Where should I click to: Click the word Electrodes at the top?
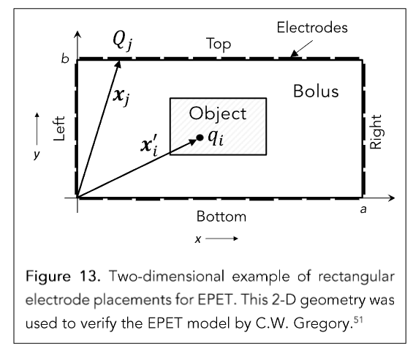(x=312, y=27)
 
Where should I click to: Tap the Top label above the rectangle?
(x=219, y=44)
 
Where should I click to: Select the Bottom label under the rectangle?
(x=221, y=217)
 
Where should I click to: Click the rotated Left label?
(x=59, y=129)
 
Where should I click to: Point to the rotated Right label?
(x=376, y=132)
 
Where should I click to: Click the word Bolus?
(x=316, y=91)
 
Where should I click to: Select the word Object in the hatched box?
(x=218, y=114)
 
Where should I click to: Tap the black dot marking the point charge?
(x=200, y=138)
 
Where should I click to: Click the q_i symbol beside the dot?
(x=216, y=138)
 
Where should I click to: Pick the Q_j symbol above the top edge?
(x=123, y=41)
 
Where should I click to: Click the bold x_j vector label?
(x=121, y=97)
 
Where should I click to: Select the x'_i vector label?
(x=150, y=146)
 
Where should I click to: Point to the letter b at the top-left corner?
(x=65, y=59)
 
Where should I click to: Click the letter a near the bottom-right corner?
(x=363, y=209)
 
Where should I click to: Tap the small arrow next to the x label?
(x=221, y=239)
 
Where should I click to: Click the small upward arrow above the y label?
(x=37, y=129)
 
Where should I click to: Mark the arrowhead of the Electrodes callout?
(x=294, y=53)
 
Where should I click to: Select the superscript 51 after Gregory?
(x=358, y=319)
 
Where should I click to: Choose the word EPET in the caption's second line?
(x=216, y=299)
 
